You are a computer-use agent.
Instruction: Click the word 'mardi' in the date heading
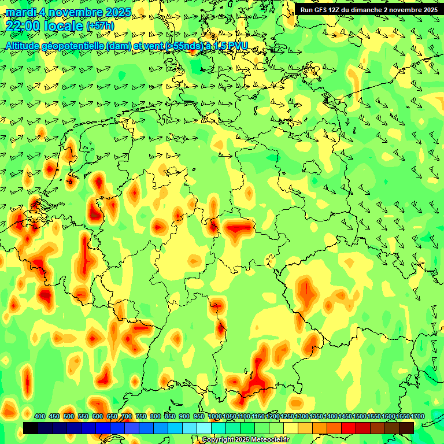[21, 13]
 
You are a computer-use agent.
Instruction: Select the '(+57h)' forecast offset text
[100, 27]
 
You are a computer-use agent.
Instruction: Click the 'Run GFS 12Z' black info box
[368, 10]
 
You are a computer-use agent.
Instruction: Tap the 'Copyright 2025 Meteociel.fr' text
[246, 440]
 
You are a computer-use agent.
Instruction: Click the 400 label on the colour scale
[40, 417]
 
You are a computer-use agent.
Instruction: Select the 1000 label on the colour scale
[214, 417]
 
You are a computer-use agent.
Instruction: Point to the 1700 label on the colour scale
[403, 417]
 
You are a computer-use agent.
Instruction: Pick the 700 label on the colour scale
[127, 417]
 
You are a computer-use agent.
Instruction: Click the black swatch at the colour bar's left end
[31, 428]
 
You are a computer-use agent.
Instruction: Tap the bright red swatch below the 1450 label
[349, 428]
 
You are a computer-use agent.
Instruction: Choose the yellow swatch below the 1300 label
[305, 428]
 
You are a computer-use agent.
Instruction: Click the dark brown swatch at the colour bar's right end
[406, 428]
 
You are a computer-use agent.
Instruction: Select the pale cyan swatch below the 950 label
[204, 428]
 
